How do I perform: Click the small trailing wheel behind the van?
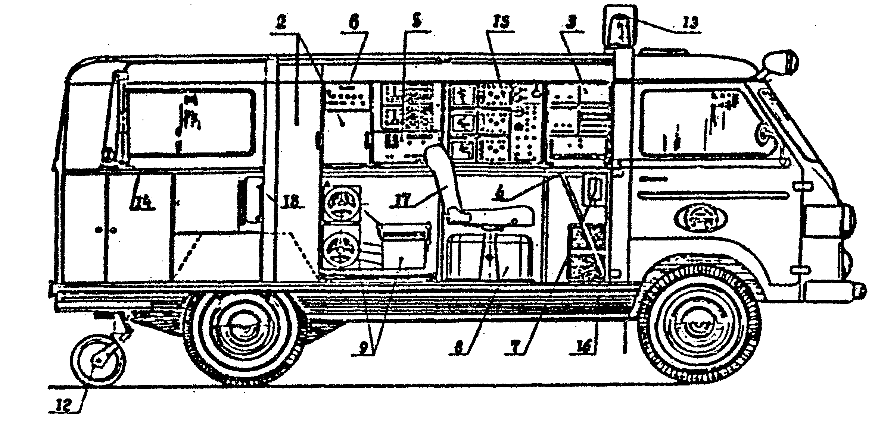click(98, 359)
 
